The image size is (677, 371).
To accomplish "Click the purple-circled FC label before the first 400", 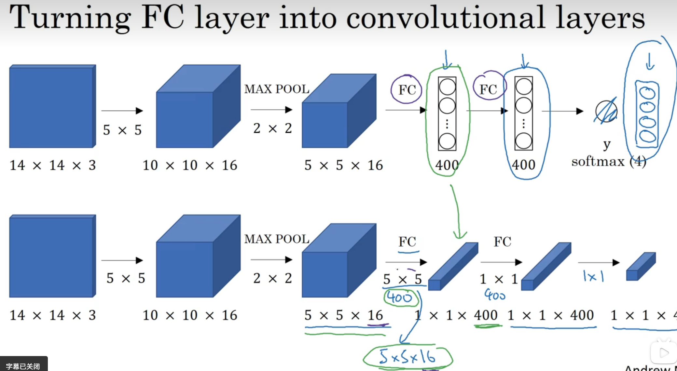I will coord(407,90).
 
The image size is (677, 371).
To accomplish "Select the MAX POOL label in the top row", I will coord(277,89).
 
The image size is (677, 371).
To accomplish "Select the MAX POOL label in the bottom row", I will coord(277,239).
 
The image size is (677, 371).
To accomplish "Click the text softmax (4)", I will coord(609,162).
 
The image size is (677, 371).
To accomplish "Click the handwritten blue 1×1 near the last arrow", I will coord(593,277).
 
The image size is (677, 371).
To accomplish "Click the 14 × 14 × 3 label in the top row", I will coord(53,165).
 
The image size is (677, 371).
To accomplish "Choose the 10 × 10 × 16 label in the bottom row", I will coord(190,315).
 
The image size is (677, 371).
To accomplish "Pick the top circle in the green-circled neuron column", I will coord(447,87).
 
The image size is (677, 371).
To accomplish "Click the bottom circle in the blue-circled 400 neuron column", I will coord(523,141).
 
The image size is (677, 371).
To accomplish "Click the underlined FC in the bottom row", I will coord(407,242).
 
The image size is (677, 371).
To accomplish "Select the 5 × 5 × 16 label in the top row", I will coord(343,165).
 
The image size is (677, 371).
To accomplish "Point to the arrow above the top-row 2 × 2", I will coord(271,110).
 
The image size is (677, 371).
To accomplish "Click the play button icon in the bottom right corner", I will coord(663,353).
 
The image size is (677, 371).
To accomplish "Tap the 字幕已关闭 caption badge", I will coord(23,366).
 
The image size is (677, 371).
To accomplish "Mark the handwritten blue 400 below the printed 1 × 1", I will coord(495,295).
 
